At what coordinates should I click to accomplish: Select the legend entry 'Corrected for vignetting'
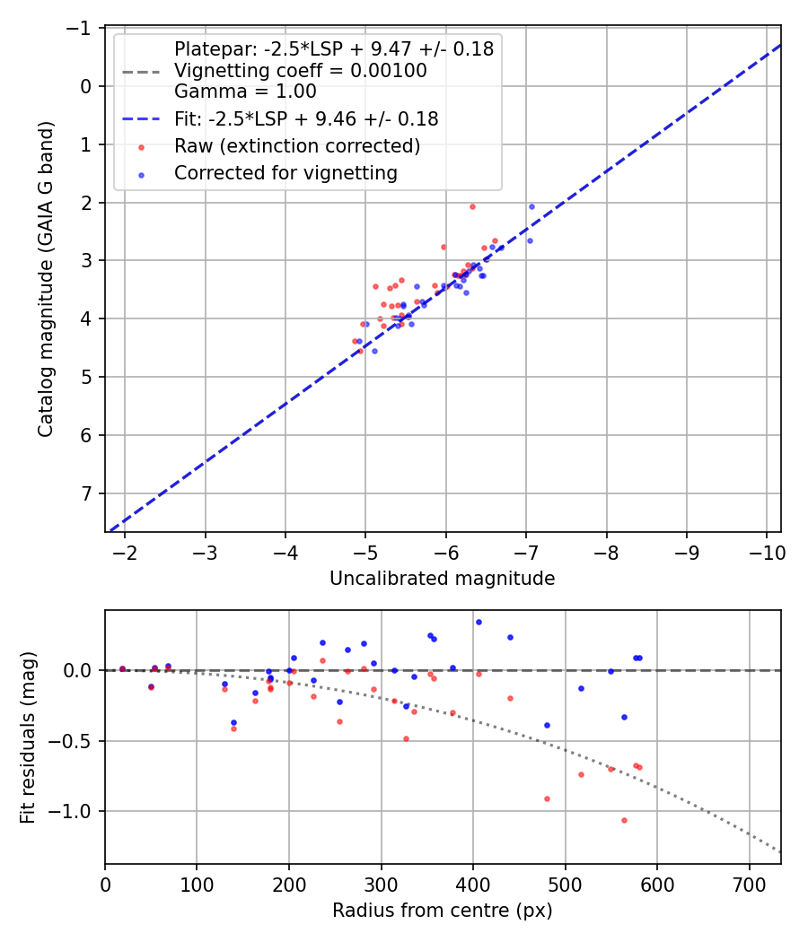click(285, 172)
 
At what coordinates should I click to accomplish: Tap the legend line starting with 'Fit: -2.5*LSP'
click(305, 118)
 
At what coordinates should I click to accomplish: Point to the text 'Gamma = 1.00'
click(245, 91)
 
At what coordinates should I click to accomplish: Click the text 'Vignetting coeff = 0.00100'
click(300, 70)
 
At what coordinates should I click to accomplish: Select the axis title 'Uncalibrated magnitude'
click(442, 579)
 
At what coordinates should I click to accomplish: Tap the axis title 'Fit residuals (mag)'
click(28, 737)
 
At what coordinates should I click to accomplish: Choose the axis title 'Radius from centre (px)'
click(442, 911)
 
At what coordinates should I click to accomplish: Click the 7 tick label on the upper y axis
click(87, 493)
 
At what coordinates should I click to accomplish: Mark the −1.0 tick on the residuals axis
click(75, 811)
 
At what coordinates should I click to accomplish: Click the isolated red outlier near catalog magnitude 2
click(472, 206)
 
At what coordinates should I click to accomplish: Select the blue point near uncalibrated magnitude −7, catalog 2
click(531, 206)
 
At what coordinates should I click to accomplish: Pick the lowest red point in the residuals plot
click(624, 820)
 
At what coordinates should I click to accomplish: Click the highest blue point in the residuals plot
click(479, 622)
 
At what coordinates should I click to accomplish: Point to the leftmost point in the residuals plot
click(122, 668)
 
